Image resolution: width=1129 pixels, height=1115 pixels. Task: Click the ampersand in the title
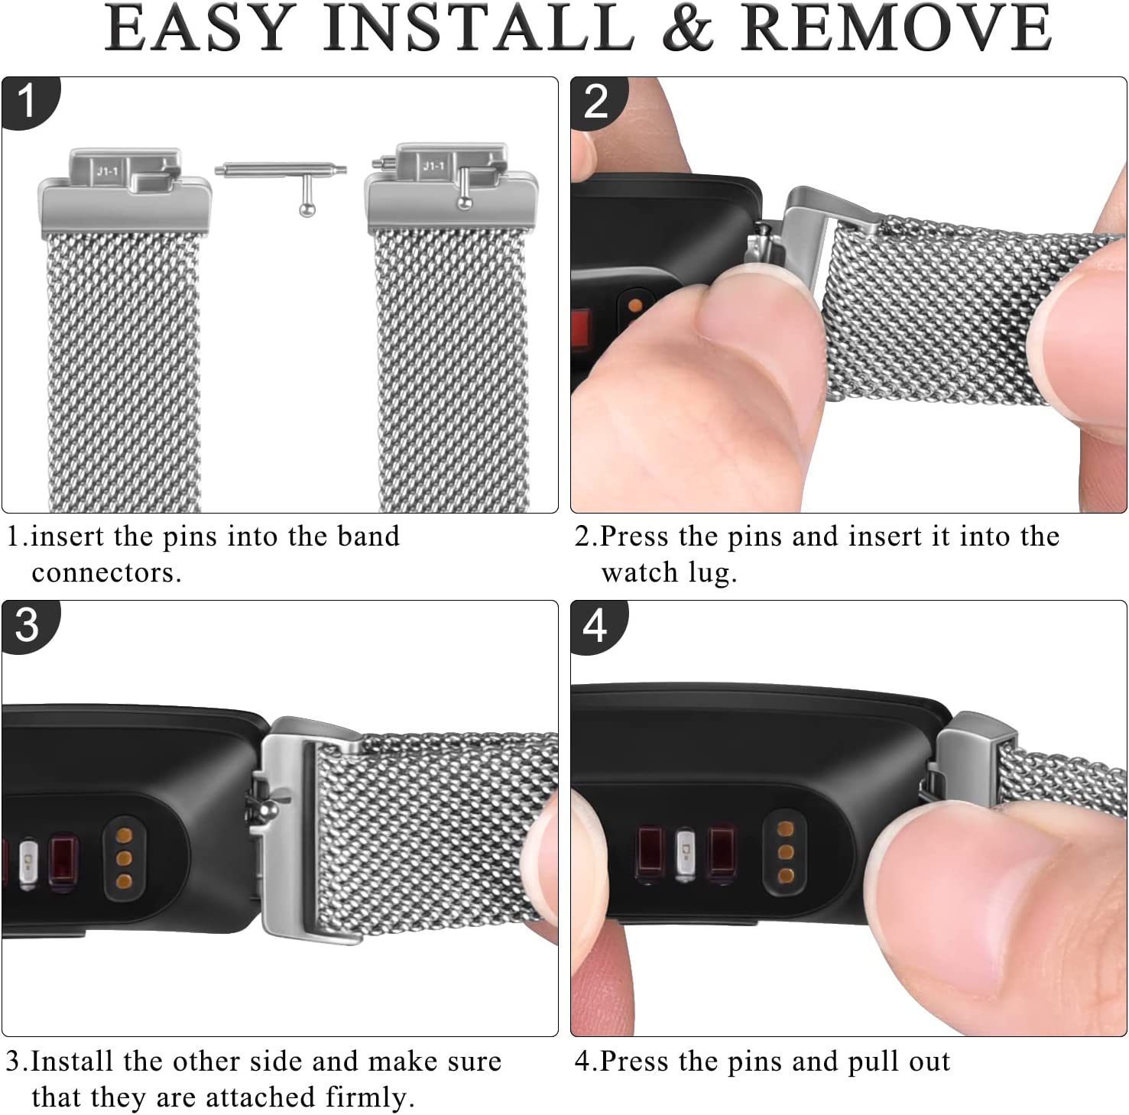tap(687, 28)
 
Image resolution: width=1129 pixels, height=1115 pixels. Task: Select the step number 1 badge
tap(28, 102)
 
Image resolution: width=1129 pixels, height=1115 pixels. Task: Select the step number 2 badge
tap(597, 102)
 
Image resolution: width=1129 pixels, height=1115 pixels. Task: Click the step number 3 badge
tap(28, 626)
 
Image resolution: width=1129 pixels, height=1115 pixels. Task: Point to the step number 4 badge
tap(597, 626)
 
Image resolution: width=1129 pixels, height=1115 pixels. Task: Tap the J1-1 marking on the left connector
tap(107, 172)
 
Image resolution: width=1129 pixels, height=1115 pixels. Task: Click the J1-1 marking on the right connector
tap(433, 166)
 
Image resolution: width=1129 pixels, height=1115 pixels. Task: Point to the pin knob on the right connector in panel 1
tap(463, 202)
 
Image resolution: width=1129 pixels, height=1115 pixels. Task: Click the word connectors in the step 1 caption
tap(106, 573)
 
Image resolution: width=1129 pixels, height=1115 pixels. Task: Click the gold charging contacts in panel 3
tap(124, 858)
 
